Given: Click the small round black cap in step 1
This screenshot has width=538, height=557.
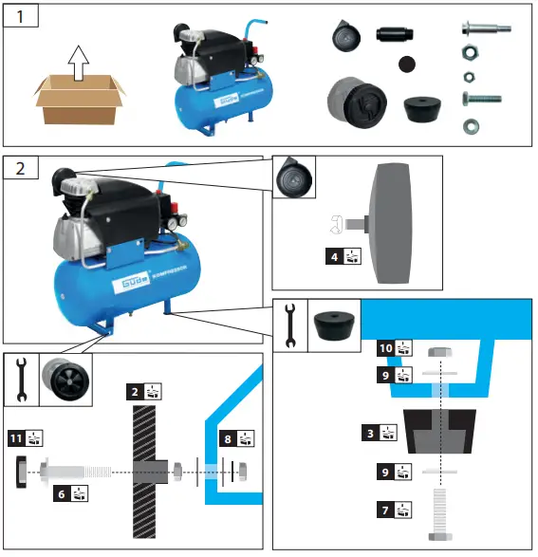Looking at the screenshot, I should (x=408, y=65).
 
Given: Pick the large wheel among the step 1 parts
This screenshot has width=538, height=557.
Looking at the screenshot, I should (x=358, y=103).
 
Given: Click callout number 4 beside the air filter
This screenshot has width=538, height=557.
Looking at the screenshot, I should (x=327, y=255).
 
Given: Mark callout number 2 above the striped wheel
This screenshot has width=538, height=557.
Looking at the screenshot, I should (x=136, y=390).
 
